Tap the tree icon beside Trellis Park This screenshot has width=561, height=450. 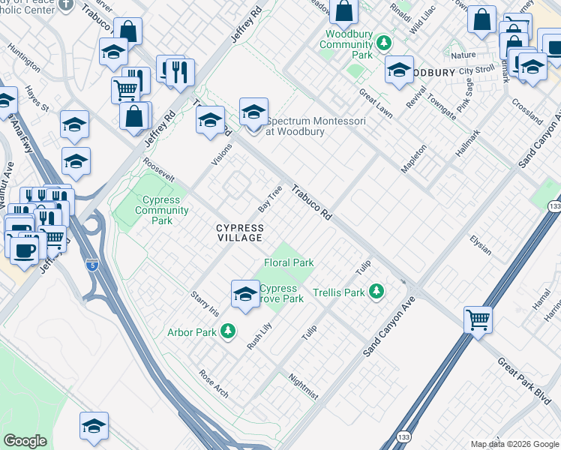click(x=377, y=292)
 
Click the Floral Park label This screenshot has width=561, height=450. click(x=289, y=262)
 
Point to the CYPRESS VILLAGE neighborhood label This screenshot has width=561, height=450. click(x=240, y=232)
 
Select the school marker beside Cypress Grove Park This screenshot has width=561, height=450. click(x=245, y=294)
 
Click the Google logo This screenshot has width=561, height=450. click(x=25, y=441)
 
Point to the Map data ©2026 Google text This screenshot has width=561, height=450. click(x=514, y=444)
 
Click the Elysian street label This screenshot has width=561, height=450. click(x=480, y=244)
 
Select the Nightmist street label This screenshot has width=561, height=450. click(x=303, y=387)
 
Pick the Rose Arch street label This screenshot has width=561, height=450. click(x=213, y=383)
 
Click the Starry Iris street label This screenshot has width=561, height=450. click(x=204, y=304)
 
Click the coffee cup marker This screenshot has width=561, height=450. click(x=24, y=250)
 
